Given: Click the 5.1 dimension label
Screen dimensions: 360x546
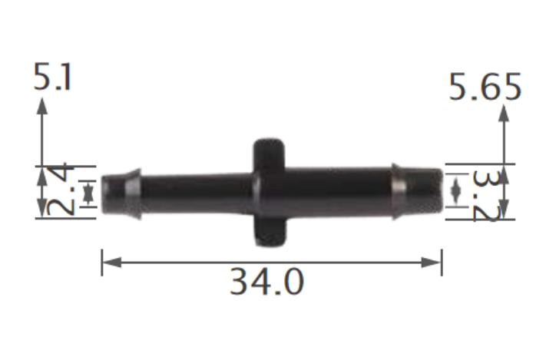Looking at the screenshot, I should pos(53,78).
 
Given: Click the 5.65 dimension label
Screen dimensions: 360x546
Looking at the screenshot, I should pos(485,88).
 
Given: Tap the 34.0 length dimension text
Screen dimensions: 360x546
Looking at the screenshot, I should pos(266,283).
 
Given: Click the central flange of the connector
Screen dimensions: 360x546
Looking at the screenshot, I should pos(270,192).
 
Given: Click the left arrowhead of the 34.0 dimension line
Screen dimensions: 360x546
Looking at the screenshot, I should pos(108,263).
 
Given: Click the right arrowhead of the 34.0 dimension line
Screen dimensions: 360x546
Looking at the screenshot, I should pos(435,263).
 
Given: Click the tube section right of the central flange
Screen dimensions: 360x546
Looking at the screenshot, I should pos(338,191).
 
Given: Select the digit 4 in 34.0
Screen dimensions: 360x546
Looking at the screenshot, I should pos(261,283).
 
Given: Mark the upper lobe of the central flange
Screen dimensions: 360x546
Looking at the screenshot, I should pos(270,153).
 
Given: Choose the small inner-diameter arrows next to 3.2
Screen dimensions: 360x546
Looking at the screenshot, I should pos(456,190).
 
